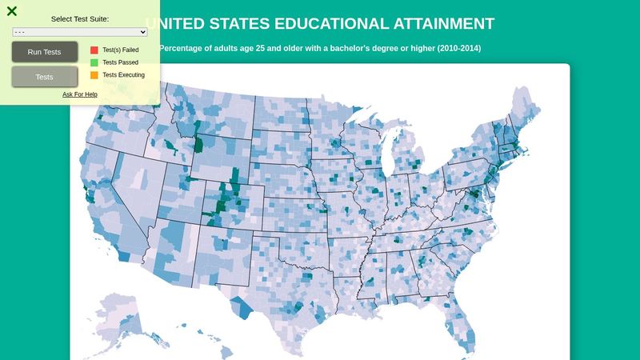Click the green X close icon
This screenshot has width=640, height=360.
point(12,11)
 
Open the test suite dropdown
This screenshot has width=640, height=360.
point(80,32)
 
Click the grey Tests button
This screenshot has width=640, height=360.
point(45,77)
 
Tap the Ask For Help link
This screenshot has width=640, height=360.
point(80,94)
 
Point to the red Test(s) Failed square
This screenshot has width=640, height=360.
point(94,50)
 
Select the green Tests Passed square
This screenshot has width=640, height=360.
point(94,62)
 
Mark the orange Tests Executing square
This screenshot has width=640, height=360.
point(94,75)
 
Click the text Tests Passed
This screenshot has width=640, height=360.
point(121,62)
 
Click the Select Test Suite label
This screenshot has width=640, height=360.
point(80,18)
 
